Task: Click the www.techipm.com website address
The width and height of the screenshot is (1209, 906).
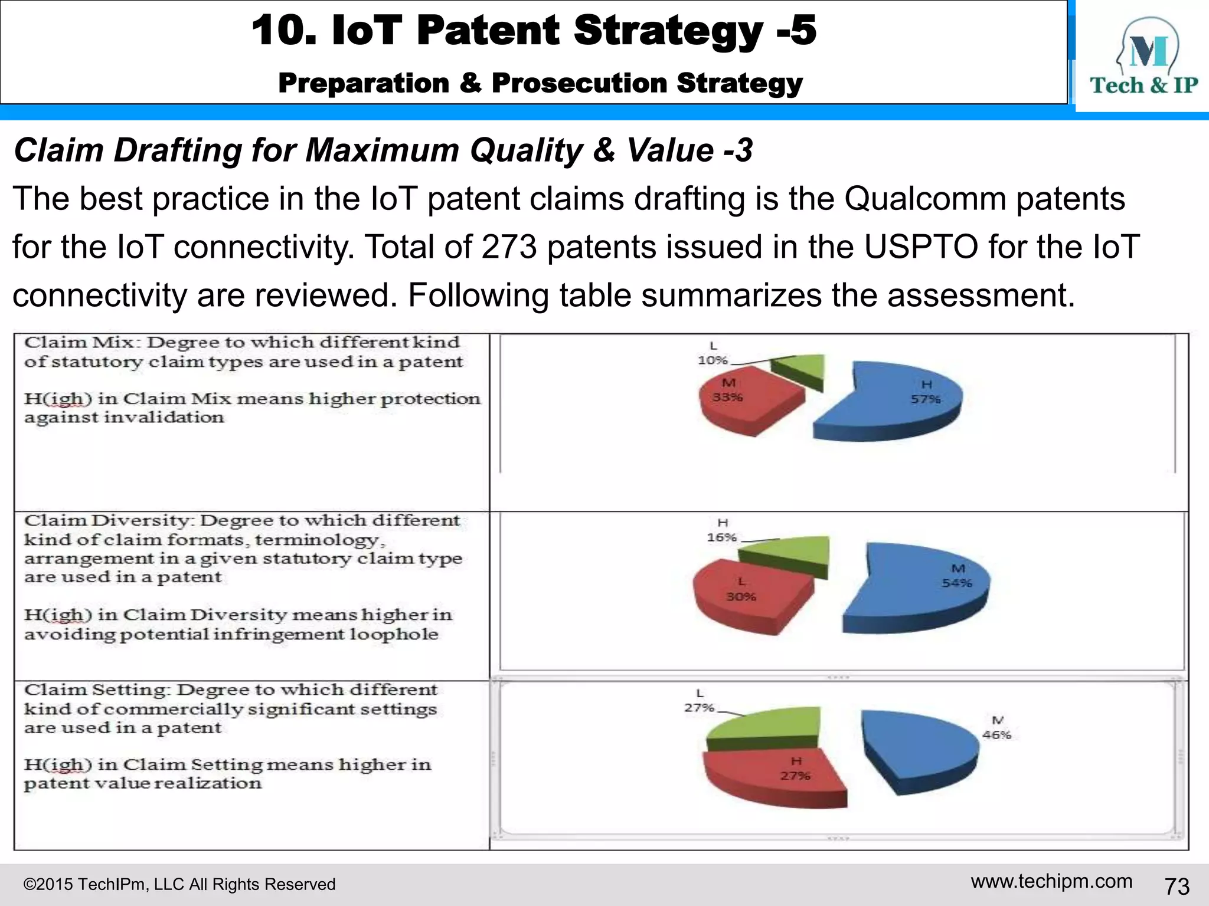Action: tap(1051, 881)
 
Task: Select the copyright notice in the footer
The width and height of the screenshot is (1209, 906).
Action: tap(179, 884)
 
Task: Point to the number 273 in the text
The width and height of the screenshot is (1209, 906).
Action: tap(509, 247)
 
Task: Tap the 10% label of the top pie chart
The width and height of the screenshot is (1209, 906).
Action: tap(713, 360)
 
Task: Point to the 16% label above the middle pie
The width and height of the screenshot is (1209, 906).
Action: tap(722, 537)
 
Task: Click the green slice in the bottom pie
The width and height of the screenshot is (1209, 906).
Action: tap(767, 726)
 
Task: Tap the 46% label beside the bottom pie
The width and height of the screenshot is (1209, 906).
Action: tap(996, 735)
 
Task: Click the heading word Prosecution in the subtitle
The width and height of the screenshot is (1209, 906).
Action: tap(580, 83)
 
